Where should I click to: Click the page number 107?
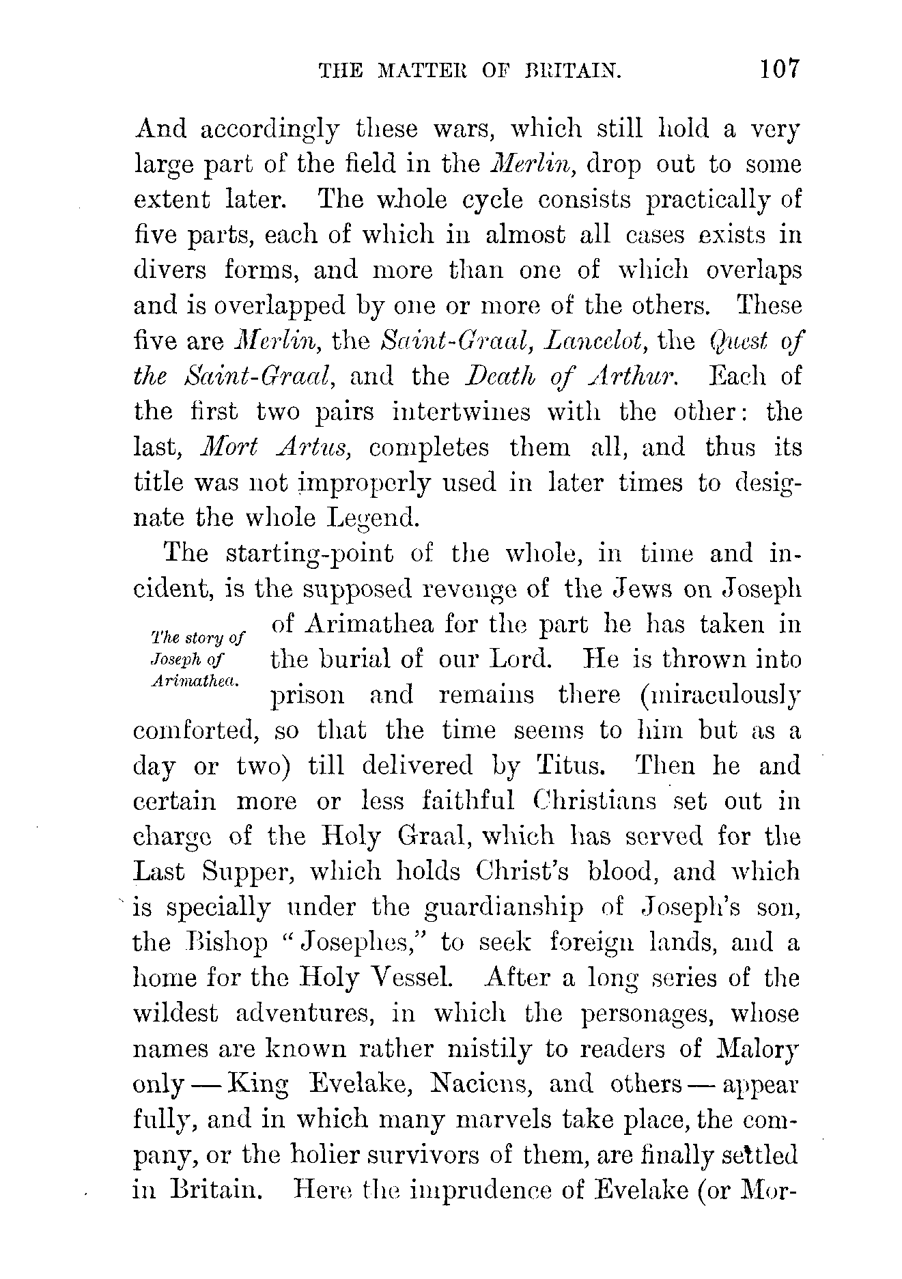click(776, 70)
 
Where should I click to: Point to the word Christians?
click(593, 801)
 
